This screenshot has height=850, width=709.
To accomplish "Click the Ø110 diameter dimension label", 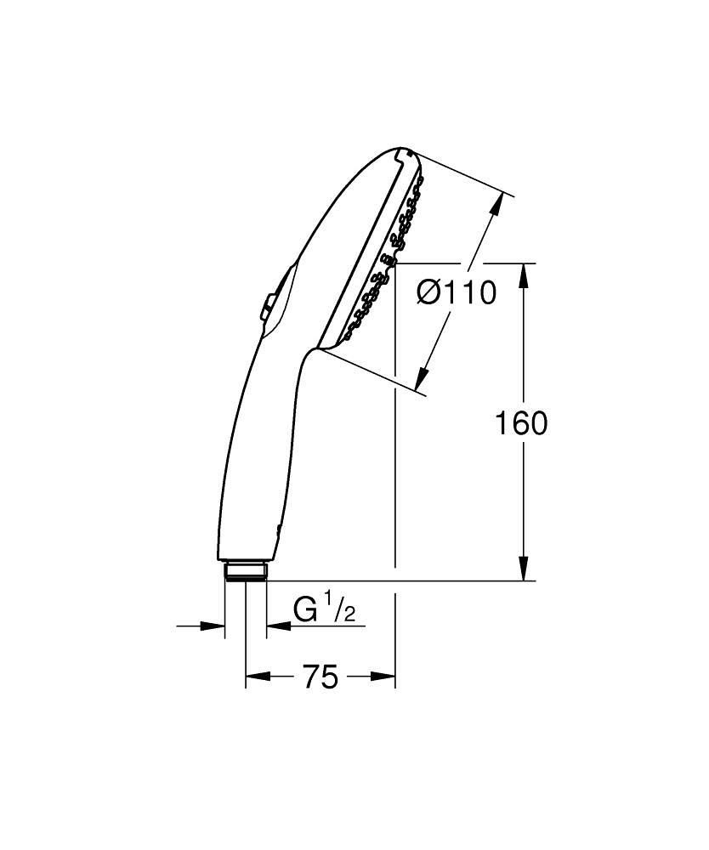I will coord(456,293).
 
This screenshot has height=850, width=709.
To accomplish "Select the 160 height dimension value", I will coord(521,422).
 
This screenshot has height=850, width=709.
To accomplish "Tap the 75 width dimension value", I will coord(320,677).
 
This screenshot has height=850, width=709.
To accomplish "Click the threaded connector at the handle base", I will coord(246,569).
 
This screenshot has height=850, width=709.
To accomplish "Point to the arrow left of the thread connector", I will coord(213,626).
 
